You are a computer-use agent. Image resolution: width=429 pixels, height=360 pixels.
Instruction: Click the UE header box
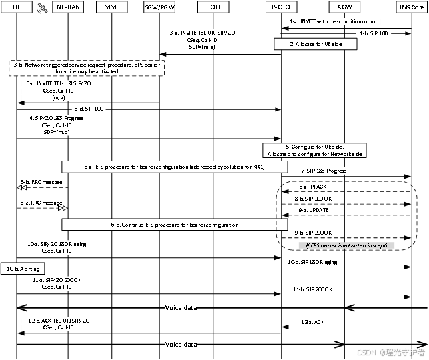coord(17,7)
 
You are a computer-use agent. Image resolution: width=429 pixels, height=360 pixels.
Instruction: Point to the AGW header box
coord(344,7)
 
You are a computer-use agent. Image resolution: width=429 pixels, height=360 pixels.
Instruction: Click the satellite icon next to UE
coord(42,7)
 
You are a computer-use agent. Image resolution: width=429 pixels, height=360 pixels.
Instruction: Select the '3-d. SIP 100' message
coord(88,109)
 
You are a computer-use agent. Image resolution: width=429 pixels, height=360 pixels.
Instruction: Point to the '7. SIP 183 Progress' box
coord(323,171)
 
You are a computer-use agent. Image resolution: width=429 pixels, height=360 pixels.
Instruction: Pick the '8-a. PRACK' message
coord(312,187)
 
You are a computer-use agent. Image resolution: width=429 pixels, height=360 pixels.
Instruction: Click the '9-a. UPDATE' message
coord(312,210)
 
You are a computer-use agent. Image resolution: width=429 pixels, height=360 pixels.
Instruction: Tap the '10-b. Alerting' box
coord(22,269)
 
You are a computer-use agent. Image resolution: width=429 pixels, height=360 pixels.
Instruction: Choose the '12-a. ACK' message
coord(312,322)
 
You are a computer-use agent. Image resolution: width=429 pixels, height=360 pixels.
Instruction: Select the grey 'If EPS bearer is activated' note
coord(346,245)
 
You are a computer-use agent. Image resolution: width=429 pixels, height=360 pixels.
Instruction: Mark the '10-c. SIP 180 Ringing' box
coord(312,262)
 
